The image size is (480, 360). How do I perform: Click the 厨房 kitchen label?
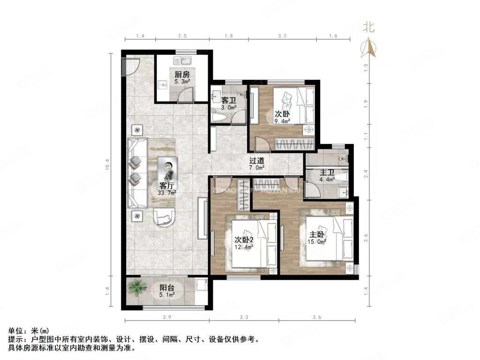[x=182, y=74]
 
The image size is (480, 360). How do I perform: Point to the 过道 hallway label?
[x=256, y=160]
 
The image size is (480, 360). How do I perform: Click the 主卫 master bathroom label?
[x=327, y=172]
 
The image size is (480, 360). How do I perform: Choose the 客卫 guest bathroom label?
[x=228, y=100]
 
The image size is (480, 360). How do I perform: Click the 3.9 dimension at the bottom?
[x=166, y=318]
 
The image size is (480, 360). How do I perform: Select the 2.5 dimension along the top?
[x=182, y=36]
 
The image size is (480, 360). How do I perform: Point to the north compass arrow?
[x=369, y=47]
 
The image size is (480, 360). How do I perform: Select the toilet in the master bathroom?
[x=341, y=178]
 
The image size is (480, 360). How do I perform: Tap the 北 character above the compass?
[x=369, y=27]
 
